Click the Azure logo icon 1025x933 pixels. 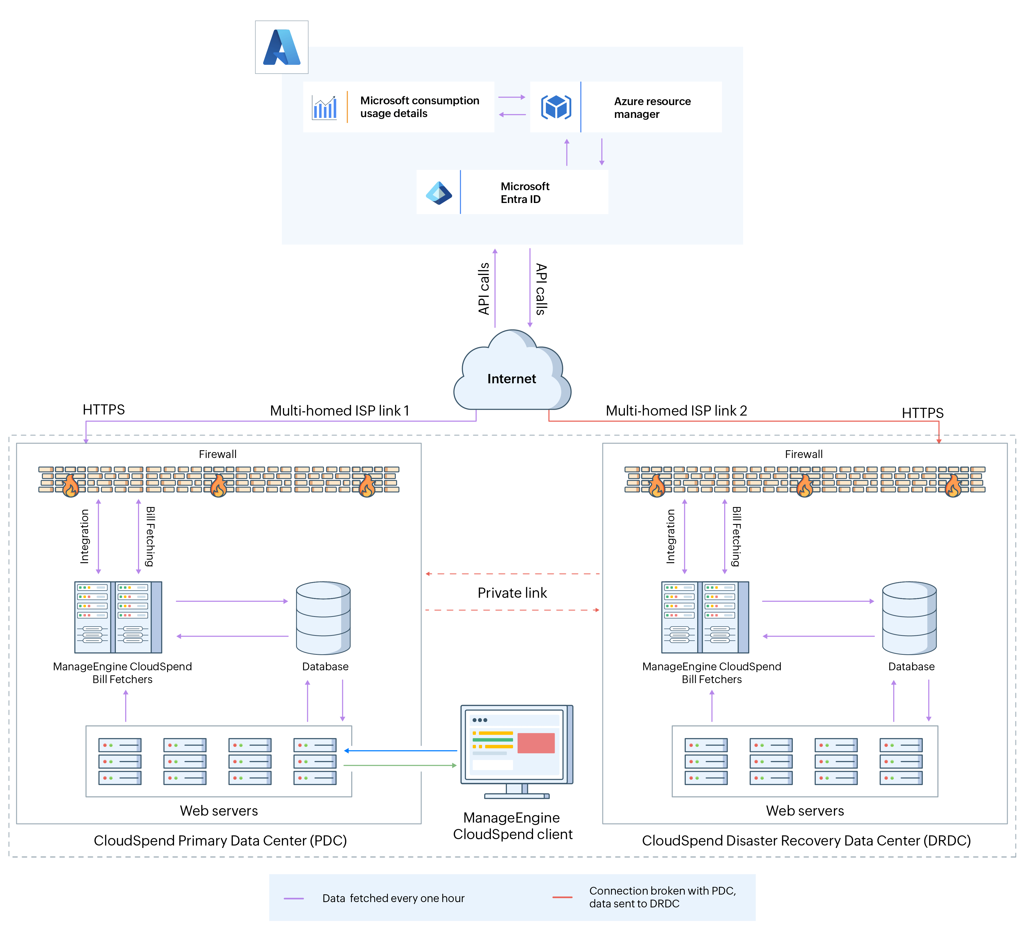tap(282, 47)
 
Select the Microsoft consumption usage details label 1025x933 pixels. tap(419, 107)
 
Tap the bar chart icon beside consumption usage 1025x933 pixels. tap(324, 107)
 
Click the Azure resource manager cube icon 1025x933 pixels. tap(556, 107)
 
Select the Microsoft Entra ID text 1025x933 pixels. tap(525, 193)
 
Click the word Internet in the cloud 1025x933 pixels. tap(511, 378)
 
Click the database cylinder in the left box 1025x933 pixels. tap(323, 618)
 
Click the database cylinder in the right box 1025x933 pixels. tap(909, 618)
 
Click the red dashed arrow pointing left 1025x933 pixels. tap(512, 574)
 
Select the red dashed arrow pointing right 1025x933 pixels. tap(512, 610)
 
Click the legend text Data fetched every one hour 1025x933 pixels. tap(393, 898)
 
